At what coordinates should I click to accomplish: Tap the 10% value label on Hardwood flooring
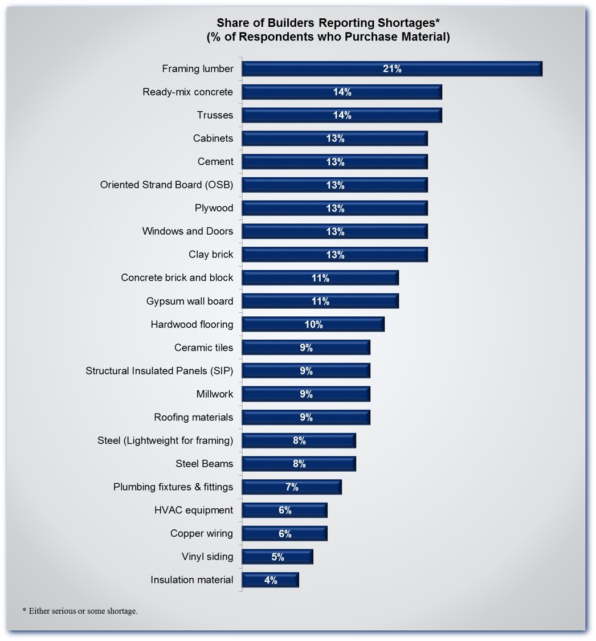[313, 325]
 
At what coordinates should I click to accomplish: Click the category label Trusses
[215, 115]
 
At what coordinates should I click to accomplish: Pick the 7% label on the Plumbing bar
[292, 487]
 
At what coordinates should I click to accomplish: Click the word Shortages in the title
[409, 23]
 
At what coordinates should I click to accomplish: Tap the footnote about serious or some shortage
[80, 611]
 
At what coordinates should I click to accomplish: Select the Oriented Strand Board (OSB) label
[166, 185]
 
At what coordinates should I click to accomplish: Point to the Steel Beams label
[204, 464]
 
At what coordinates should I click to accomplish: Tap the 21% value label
[392, 69]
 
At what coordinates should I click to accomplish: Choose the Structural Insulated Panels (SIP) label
[159, 371]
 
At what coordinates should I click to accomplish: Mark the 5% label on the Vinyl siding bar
[277, 557]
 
